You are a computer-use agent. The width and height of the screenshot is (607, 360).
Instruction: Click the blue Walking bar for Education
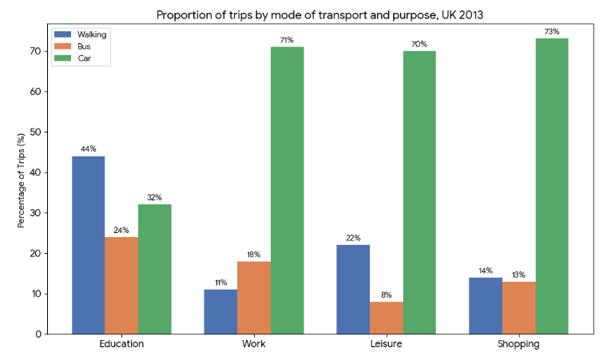[89, 245]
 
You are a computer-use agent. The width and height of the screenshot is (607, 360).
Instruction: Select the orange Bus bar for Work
[253, 298]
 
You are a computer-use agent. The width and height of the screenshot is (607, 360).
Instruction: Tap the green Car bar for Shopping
[552, 186]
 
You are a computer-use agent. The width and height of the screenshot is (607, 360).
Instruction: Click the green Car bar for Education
[154, 269]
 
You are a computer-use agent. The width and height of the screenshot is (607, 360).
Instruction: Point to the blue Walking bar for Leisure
[353, 289]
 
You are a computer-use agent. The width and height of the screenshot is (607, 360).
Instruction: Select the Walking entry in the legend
[80, 34]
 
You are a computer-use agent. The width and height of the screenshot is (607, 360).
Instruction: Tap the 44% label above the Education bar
[89, 149]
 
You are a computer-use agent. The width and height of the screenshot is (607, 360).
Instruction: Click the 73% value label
[552, 32]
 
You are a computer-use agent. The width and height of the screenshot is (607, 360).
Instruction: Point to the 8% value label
[386, 295]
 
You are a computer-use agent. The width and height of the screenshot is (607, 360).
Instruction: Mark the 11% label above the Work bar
[220, 283]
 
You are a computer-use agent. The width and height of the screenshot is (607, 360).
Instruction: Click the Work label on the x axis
[253, 345]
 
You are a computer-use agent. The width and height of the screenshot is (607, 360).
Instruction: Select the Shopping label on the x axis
[518, 345]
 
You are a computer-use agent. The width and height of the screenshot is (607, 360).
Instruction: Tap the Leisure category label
[386, 345]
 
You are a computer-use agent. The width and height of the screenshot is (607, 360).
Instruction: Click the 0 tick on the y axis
[38, 334]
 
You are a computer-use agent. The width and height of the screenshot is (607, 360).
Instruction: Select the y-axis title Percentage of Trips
[22, 180]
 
